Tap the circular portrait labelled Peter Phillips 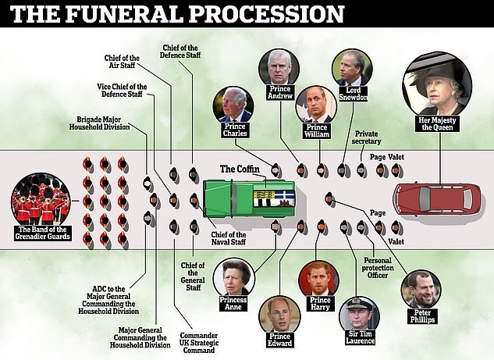(420, 290)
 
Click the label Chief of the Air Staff (122, 62)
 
